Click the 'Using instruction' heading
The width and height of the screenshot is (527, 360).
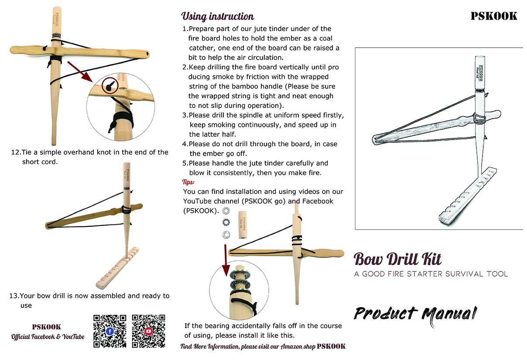(217, 17)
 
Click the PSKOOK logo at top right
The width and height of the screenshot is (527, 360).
(493, 17)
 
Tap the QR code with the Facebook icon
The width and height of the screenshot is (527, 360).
(110, 331)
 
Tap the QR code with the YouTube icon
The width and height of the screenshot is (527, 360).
(148, 331)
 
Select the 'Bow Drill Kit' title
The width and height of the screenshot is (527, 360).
(397, 259)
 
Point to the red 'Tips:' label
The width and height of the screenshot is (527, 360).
(188, 182)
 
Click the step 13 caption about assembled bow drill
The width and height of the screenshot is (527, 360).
(89, 300)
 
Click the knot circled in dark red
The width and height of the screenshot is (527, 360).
(110, 85)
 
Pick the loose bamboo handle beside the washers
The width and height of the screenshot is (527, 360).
(243, 224)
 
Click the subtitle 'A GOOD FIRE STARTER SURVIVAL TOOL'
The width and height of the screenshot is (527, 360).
(431, 274)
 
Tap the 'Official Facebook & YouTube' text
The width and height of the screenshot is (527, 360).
(48, 337)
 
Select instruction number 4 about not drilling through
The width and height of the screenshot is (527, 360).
(260, 148)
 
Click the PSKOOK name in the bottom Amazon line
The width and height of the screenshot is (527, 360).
(331, 346)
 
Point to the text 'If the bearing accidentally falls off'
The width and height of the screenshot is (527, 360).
(263, 326)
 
